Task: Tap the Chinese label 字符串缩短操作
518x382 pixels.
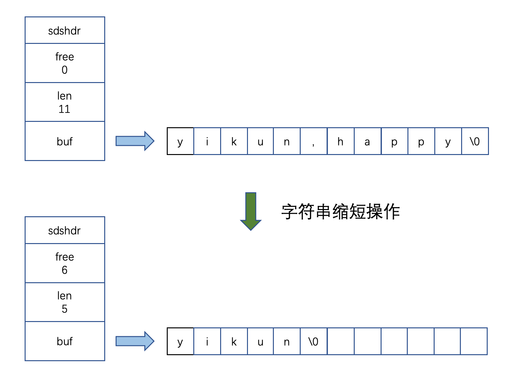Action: click(x=340, y=212)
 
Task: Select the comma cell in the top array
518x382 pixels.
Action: click(x=313, y=141)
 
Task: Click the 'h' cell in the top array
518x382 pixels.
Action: click(x=340, y=141)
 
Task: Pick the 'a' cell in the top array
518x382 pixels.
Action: click(x=367, y=141)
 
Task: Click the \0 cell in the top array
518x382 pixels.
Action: click(x=475, y=141)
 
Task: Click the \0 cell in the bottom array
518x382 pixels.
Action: click(x=313, y=341)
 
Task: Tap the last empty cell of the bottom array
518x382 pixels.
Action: click(x=474, y=341)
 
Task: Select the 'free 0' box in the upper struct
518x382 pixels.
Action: click(x=65, y=63)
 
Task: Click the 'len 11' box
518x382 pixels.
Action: click(x=65, y=102)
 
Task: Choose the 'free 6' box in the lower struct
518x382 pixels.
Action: click(x=65, y=263)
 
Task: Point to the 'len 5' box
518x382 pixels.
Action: click(x=65, y=302)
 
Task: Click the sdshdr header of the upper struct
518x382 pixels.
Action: click(x=65, y=30)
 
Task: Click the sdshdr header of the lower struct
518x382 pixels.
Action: click(x=65, y=230)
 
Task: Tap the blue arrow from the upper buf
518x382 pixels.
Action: click(x=135, y=141)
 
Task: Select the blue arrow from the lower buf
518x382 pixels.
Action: click(x=135, y=341)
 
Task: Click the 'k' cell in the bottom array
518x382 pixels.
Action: click(x=234, y=341)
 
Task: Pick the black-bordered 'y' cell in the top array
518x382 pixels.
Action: click(x=180, y=141)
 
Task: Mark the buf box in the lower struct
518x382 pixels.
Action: click(x=65, y=341)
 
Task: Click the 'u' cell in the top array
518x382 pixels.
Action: click(x=260, y=141)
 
